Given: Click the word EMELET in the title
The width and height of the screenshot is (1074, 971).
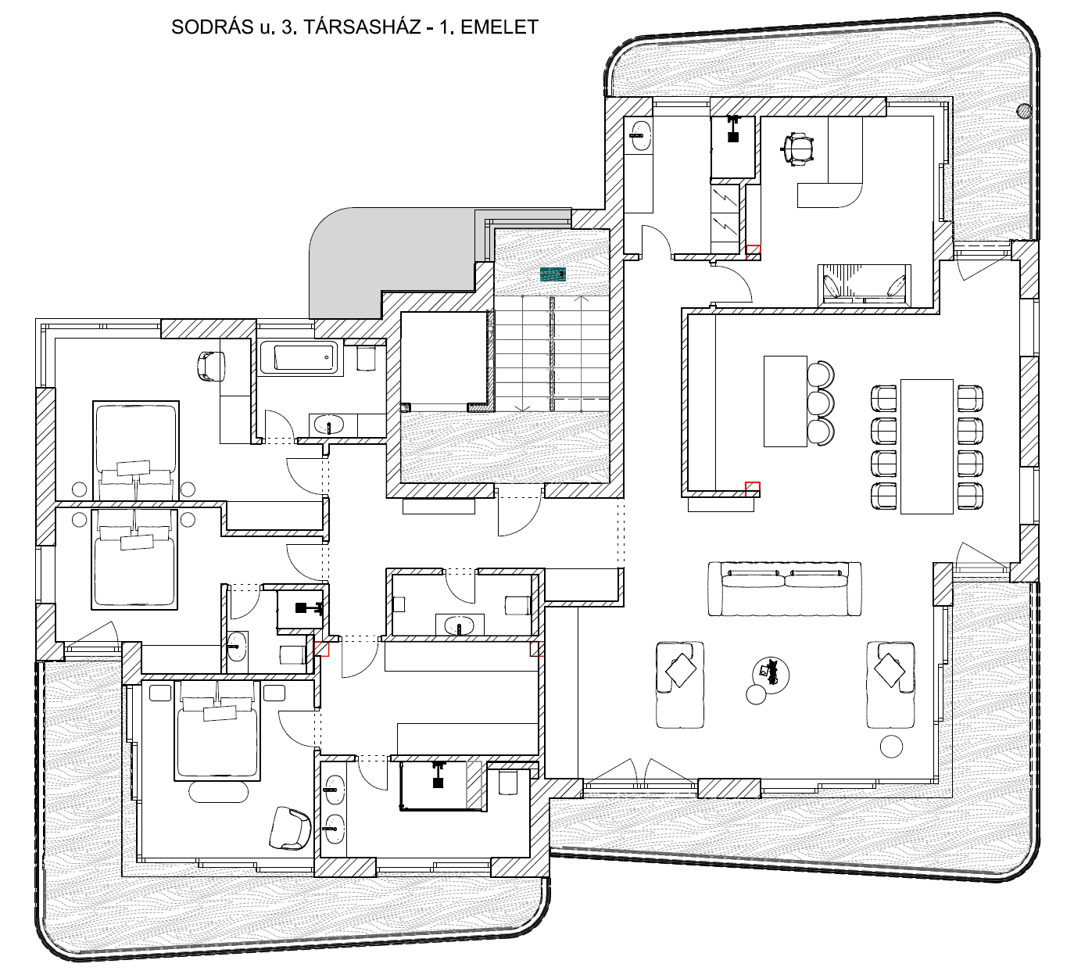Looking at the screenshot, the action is click(x=499, y=27).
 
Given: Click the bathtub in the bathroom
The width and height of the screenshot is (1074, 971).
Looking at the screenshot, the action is click(x=299, y=357).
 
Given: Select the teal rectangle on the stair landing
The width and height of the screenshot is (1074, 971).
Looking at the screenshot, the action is click(x=553, y=274).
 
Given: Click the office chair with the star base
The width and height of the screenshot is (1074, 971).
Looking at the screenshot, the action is click(x=798, y=147).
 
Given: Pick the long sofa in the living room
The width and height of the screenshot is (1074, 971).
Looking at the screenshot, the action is click(x=785, y=589).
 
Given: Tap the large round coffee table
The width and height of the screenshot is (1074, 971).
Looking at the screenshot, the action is click(x=771, y=675).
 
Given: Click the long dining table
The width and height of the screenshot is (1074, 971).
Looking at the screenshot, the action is click(x=927, y=446).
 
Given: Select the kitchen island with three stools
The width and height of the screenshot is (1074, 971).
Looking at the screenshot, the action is click(x=786, y=401).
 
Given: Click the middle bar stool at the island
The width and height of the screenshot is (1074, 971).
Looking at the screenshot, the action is click(x=821, y=403).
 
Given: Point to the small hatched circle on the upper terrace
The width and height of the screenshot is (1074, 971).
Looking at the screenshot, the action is click(x=1024, y=111).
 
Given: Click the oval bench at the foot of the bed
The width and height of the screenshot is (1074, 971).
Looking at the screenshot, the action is click(x=219, y=792).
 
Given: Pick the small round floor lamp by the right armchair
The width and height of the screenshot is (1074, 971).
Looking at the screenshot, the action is click(x=891, y=747).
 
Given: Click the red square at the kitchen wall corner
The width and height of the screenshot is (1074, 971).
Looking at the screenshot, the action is click(x=753, y=489).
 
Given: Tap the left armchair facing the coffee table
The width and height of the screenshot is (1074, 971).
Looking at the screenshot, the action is click(x=680, y=684).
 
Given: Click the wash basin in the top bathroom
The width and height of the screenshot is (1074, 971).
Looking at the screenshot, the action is click(x=640, y=135).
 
